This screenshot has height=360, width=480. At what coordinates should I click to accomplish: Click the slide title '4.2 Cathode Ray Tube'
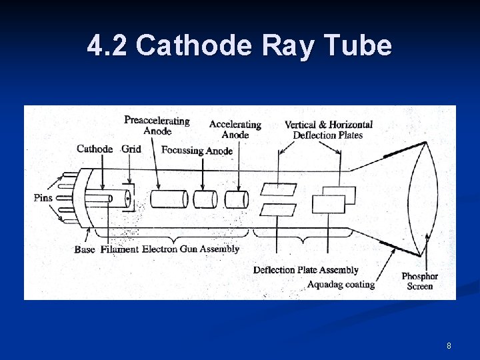pos(239,46)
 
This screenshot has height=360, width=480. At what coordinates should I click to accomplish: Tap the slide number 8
pos(449,346)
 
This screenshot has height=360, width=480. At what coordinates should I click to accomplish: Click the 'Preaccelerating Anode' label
pos(157,125)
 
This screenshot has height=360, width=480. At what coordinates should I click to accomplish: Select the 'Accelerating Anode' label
pos(235,129)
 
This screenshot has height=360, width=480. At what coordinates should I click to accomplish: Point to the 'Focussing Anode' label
pos(197,151)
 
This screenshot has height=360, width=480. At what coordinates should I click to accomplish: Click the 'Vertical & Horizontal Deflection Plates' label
pos(328,129)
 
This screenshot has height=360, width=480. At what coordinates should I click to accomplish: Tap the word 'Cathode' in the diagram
pos(95,149)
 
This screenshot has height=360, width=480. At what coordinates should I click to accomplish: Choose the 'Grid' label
pos(131,149)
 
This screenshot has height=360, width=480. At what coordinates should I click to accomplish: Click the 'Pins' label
pos(43,198)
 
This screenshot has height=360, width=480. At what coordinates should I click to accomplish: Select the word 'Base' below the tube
pos(85,249)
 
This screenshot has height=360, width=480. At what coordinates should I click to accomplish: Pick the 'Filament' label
pos(119,249)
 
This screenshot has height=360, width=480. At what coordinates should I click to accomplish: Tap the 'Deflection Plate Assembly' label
pos(306,270)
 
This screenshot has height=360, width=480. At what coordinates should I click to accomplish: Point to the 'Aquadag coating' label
pos(341,285)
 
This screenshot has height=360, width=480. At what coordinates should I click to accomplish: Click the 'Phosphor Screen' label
pos(420,281)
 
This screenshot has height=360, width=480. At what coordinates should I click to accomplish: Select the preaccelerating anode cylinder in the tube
pos(169,199)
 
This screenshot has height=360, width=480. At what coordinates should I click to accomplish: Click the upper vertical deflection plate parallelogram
pos(278,189)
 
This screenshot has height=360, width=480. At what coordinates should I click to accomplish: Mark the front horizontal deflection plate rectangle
pos(328,204)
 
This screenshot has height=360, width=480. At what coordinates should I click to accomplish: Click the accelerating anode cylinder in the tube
pos(236,199)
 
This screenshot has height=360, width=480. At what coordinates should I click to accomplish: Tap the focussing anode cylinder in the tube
pos(205,199)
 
